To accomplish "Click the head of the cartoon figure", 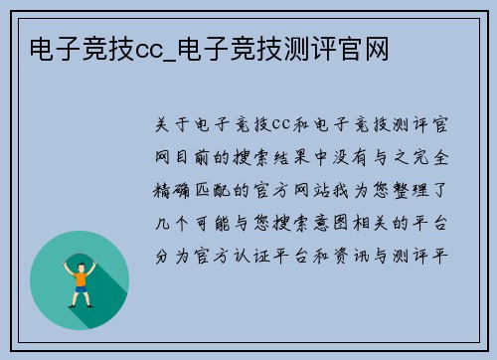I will [81, 262].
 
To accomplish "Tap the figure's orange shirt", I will [81, 277].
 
